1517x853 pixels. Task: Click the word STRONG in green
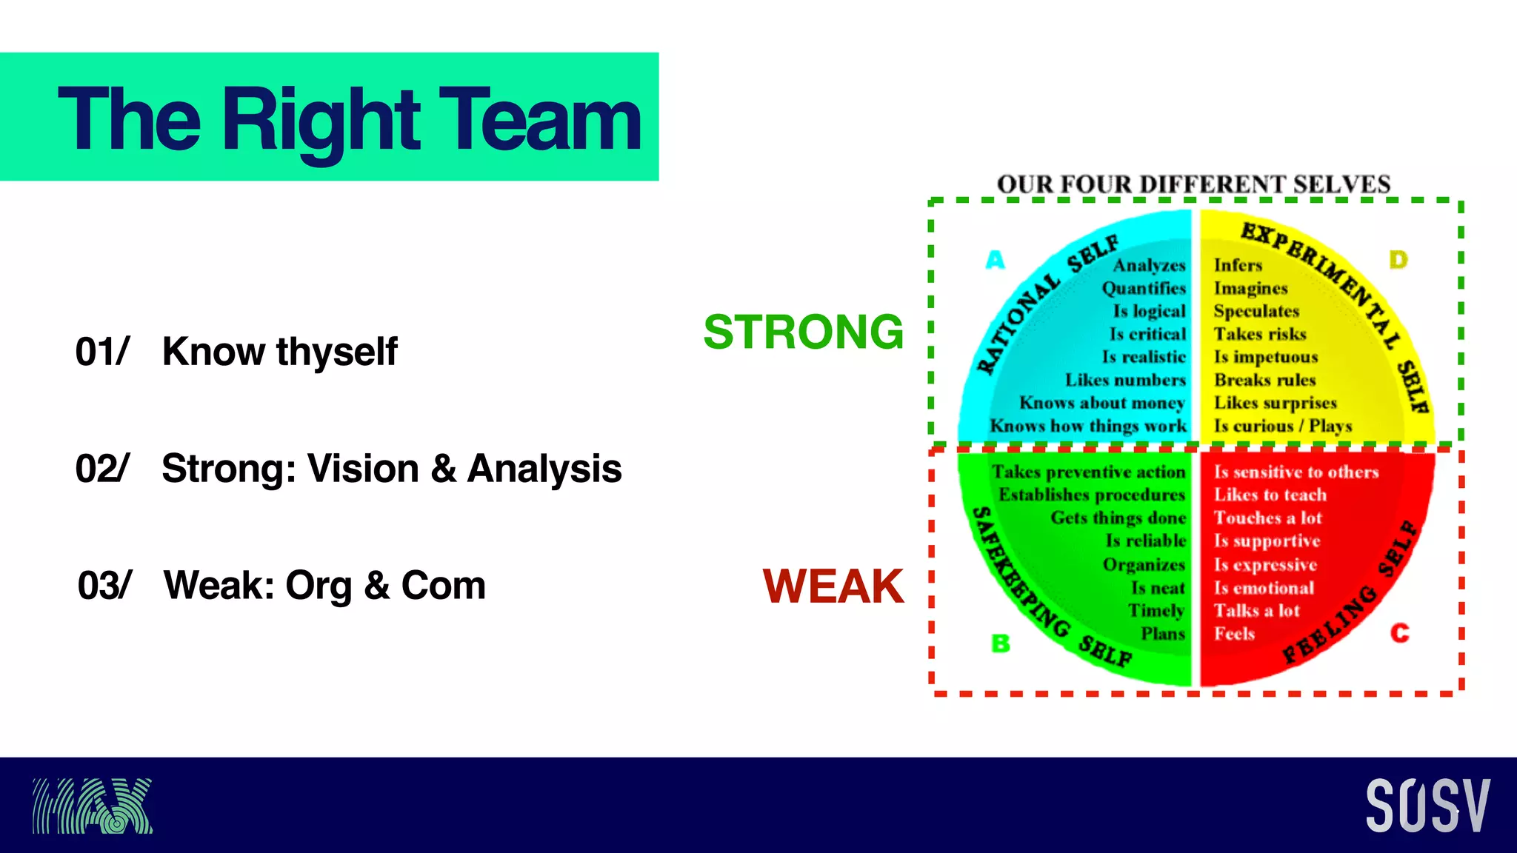coord(804,332)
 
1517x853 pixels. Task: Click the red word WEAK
coord(833,586)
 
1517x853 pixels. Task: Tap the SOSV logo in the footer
coord(1427,805)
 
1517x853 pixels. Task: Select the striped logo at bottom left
coord(93,806)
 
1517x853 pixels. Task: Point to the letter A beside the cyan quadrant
coord(996,260)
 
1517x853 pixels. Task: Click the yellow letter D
coord(1398,260)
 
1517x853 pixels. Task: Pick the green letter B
coord(1000,643)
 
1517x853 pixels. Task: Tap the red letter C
coord(1399,633)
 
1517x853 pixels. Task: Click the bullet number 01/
coord(102,352)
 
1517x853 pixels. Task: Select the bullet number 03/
coord(104,586)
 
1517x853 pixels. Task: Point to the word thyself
coord(337,352)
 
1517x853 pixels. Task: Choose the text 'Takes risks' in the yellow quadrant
coord(1259,334)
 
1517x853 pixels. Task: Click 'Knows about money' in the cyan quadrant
coord(1102,403)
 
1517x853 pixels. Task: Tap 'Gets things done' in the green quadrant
coord(1118,518)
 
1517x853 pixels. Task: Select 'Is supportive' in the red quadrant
coord(1267,541)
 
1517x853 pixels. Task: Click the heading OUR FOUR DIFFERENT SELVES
coord(1193,184)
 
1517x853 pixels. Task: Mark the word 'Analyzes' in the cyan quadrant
coord(1149,265)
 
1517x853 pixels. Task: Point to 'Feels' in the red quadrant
coord(1234,634)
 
